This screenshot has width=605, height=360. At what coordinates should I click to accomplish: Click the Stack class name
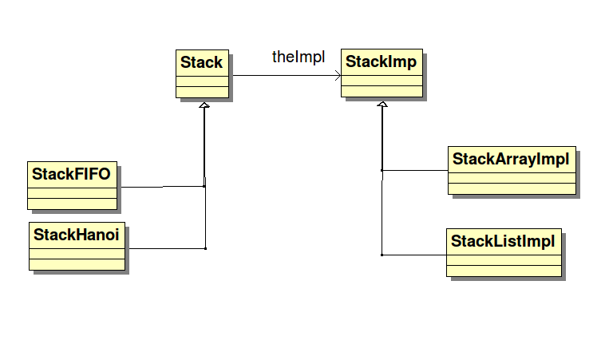(201, 63)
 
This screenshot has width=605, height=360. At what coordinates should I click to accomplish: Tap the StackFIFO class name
(71, 173)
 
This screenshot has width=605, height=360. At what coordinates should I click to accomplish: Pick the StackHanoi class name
(77, 235)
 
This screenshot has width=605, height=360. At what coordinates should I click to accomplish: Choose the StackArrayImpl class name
(511, 159)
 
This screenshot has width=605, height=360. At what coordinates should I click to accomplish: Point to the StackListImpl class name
(503, 241)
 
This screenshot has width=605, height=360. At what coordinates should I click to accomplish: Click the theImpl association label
(299, 57)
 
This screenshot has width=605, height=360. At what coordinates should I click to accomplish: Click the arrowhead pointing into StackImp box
(338, 76)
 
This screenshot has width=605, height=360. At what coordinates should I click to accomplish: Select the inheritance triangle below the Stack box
(204, 105)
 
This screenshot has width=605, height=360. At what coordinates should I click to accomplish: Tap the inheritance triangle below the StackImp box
(382, 105)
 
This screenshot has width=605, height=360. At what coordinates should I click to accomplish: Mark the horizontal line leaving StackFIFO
(160, 187)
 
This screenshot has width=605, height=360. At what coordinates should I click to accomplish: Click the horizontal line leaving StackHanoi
(164, 248)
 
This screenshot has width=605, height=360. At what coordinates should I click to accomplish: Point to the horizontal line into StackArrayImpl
(415, 170)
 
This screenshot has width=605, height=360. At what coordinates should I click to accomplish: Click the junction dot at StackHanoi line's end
(205, 248)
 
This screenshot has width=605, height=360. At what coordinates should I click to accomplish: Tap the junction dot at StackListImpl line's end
(382, 255)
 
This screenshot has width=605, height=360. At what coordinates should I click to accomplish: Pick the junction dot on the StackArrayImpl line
(382, 170)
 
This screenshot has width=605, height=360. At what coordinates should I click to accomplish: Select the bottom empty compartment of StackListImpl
(503, 269)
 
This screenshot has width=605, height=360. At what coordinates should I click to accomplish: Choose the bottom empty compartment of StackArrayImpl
(511, 188)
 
